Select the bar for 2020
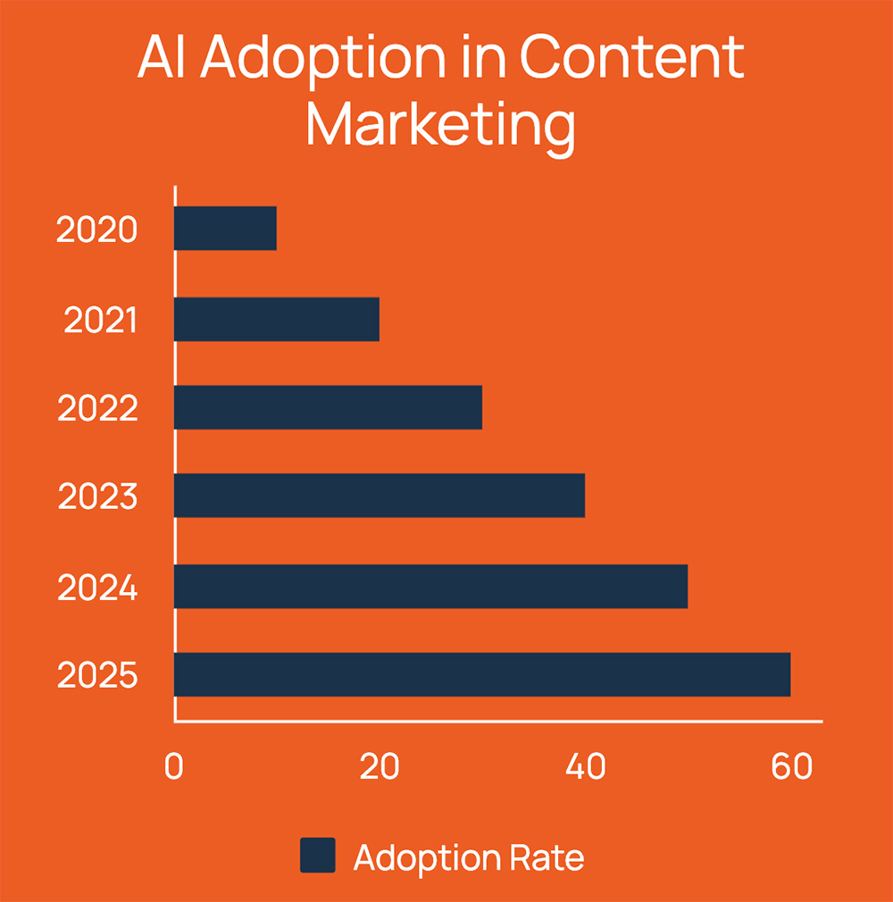[x=225, y=229]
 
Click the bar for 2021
[x=277, y=319]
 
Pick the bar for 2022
[x=328, y=407]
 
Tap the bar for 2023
[x=380, y=496]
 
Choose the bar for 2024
[x=430, y=586]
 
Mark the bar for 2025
[x=482, y=674]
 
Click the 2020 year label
[x=97, y=230]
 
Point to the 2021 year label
[x=101, y=320]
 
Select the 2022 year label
[x=98, y=409]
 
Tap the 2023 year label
[x=98, y=497]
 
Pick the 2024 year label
[x=98, y=588]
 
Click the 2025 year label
[x=98, y=676]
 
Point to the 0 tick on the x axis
[x=173, y=767]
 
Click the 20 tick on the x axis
[x=380, y=767]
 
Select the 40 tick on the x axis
[x=586, y=767]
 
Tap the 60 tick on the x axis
[x=791, y=767]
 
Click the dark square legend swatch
[x=317, y=856]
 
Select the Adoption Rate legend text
[x=469, y=857]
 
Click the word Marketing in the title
[x=440, y=125]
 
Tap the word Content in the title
[x=632, y=58]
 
